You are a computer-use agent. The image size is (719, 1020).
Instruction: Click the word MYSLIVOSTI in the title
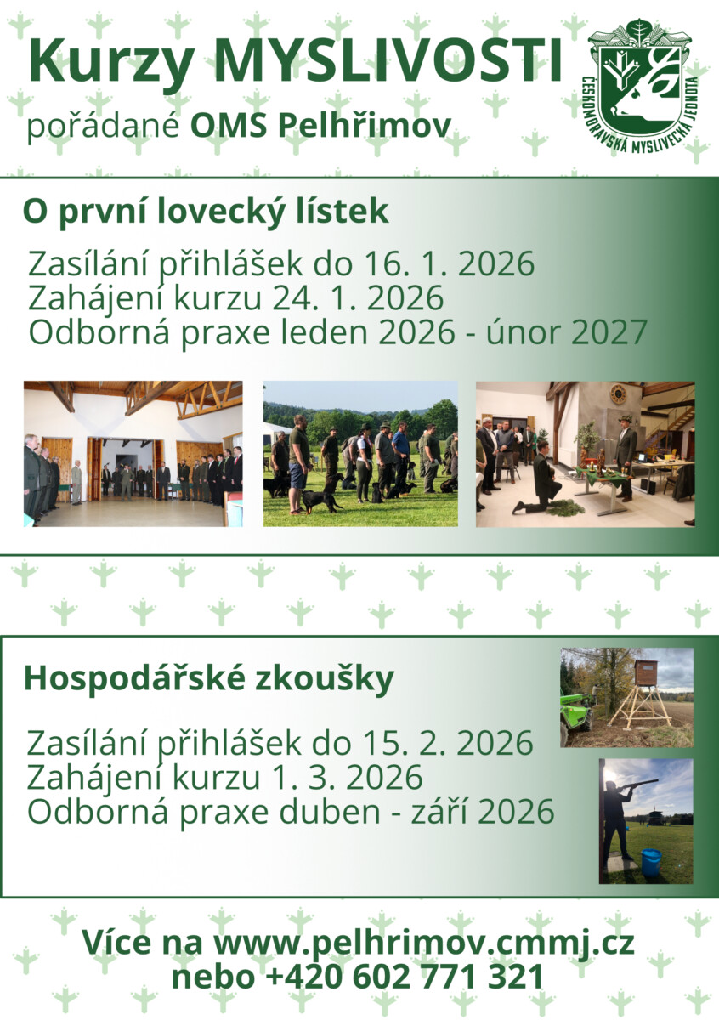(x=392, y=61)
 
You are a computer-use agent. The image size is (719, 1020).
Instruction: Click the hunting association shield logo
(x=643, y=88)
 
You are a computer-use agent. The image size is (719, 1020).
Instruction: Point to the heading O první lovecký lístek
(x=206, y=212)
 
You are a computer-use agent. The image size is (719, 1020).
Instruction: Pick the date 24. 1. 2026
(x=359, y=298)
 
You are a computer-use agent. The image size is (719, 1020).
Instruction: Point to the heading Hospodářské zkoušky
(x=208, y=678)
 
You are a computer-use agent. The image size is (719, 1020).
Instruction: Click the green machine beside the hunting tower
(x=575, y=712)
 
